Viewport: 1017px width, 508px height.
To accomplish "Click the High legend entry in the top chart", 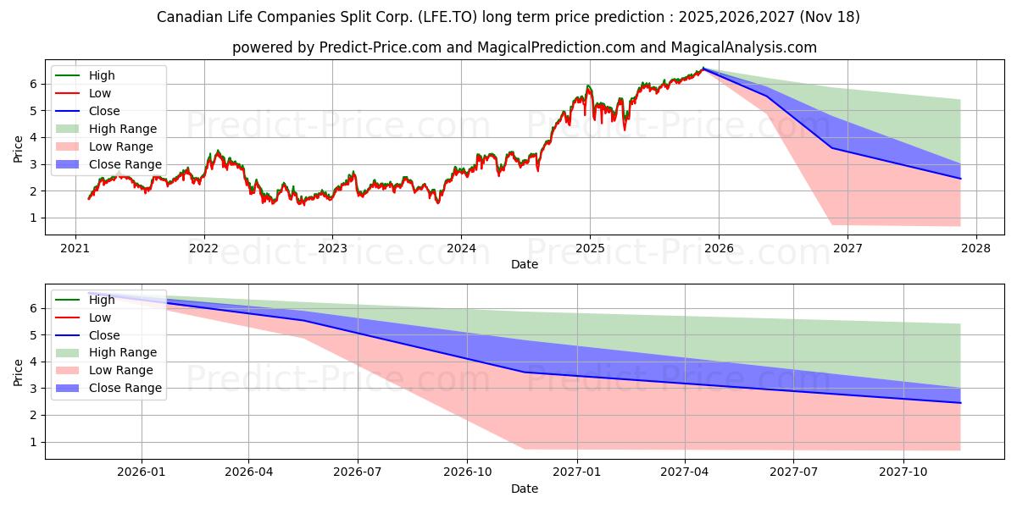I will (x=101, y=75).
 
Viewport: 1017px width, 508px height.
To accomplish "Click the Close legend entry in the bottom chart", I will (x=103, y=334).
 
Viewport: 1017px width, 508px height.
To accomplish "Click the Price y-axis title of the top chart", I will (x=19, y=150).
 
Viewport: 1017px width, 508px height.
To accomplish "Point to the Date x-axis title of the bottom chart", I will (x=525, y=489).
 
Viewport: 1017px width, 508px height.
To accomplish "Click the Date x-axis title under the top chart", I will (x=525, y=264).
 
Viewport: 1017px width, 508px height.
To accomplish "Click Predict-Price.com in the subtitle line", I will (x=380, y=48).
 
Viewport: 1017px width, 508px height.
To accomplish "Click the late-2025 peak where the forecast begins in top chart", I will (x=703, y=69).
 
